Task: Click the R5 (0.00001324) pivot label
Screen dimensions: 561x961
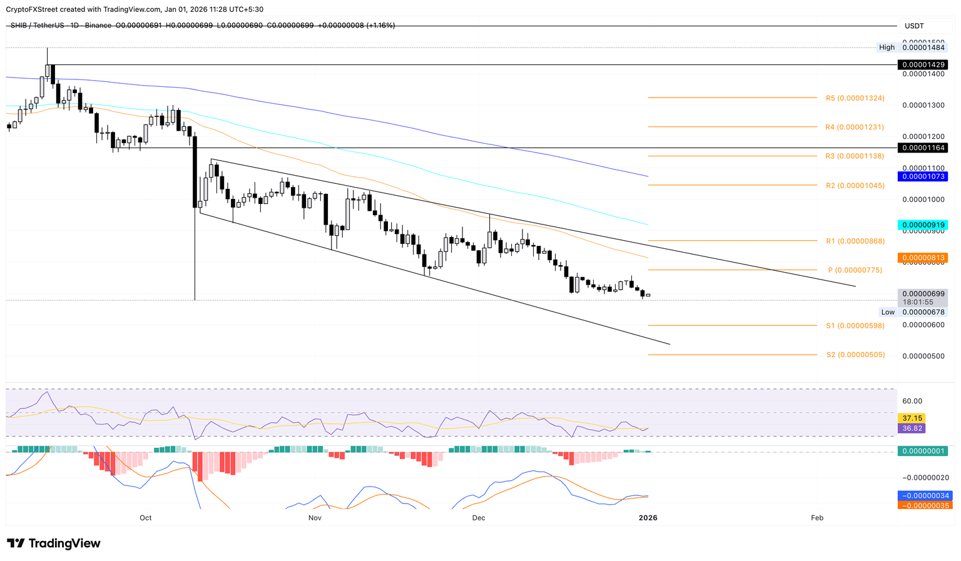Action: [x=855, y=98]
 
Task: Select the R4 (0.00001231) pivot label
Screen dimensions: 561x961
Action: [x=854, y=127]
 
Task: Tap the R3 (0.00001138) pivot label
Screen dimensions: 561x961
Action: [x=854, y=156]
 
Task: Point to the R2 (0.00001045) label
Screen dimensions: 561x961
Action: [x=855, y=186]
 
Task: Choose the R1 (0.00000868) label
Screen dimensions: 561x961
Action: [x=855, y=241]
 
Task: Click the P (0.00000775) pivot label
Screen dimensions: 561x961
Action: [x=855, y=270]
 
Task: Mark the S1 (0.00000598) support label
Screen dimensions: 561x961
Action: [x=855, y=326]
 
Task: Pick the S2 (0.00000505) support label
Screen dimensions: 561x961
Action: [x=855, y=355]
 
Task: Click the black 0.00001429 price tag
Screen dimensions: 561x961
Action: [x=922, y=64]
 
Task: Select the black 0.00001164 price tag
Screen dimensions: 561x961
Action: [x=922, y=148]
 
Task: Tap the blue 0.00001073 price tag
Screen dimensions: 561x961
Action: [x=922, y=176]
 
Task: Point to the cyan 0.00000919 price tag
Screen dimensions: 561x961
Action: [x=922, y=225]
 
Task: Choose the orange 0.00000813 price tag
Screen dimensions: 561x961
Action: [x=922, y=258]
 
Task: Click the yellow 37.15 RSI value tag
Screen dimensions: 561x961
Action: [x=911, y=418]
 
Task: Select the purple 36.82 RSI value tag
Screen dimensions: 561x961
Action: [x=911, y=428]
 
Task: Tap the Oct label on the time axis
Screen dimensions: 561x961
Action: [x=146, y=518]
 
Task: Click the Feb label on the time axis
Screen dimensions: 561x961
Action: [x=816, y=518]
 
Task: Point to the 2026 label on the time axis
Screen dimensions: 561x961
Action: [x=648, y=518]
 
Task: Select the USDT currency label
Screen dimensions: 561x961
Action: [x=914, y=26]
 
